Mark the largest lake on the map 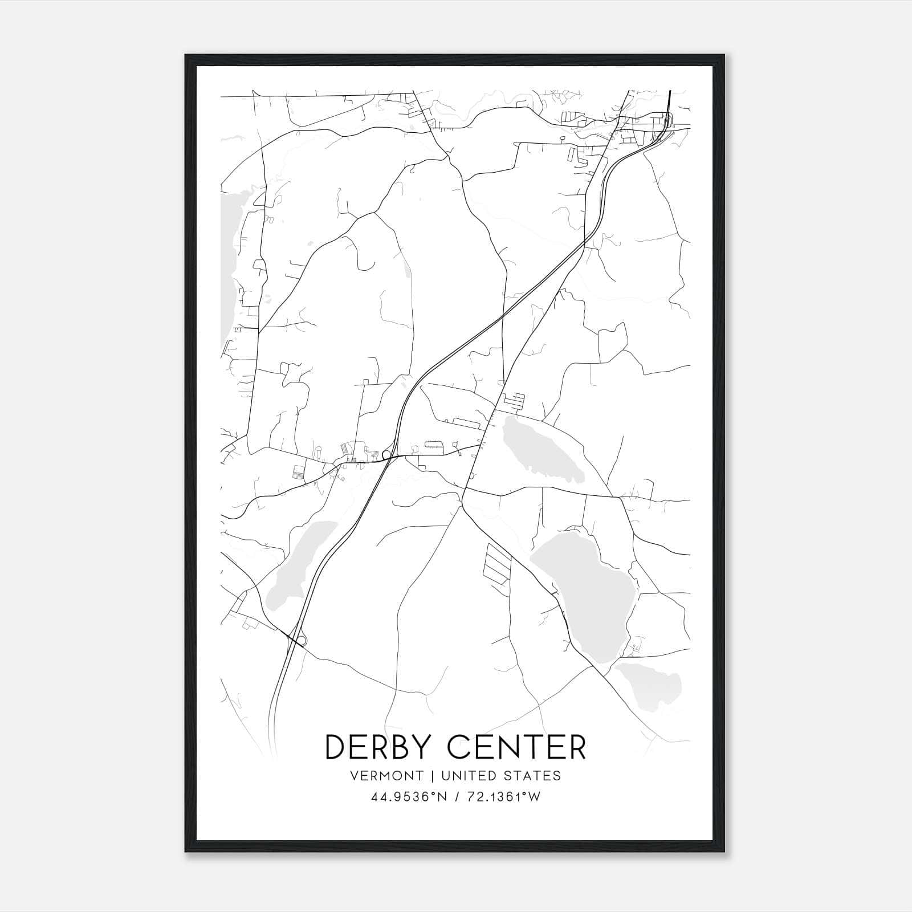(587, 593)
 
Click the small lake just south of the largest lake (650, 684)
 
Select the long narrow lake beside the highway (296, 564)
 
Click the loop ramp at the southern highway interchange (302, 640)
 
